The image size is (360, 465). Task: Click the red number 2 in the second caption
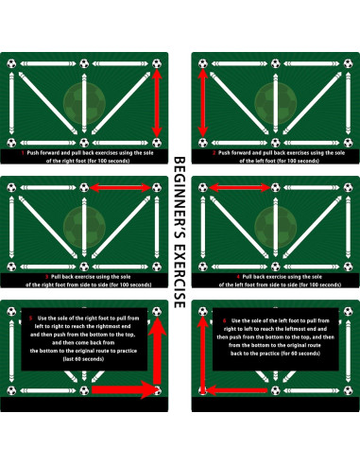coord(214,151)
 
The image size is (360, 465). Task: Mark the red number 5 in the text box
coord(31,319)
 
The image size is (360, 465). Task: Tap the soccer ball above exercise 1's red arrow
coord(158,65)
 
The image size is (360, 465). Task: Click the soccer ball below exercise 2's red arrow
coord(201,138)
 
